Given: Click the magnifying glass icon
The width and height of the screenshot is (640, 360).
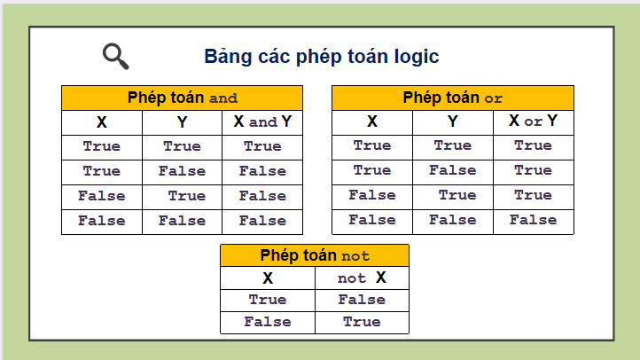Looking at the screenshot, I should coord(115,56).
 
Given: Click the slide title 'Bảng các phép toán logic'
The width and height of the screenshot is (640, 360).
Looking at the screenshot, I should coord(321,57).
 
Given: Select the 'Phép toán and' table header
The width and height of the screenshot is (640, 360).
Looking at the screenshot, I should coord(182,98).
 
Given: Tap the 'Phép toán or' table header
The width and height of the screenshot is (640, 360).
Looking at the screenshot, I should coord(452,98).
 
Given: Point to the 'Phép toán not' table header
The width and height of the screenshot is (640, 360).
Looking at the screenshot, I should coord(315,255).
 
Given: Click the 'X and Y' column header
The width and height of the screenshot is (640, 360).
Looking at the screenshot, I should coord(262,122).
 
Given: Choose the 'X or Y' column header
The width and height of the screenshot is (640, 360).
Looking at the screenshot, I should coord(533,121).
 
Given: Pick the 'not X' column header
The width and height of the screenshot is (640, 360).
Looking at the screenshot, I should coord(362,278).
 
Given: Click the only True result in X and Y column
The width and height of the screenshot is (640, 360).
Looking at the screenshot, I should coord(262,146).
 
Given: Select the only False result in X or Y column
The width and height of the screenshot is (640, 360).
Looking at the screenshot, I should coord(533,220).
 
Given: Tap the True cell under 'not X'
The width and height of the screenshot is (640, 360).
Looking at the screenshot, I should coord(362,322).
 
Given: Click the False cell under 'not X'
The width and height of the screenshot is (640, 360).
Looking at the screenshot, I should coord(362,300).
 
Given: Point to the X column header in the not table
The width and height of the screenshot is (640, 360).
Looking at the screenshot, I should coord(268,278).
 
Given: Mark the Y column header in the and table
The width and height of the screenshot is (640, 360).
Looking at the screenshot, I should coord(182,122).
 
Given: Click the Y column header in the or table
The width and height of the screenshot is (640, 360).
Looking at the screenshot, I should coord(452,121).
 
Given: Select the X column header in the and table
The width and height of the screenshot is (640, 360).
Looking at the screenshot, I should coord(102,122).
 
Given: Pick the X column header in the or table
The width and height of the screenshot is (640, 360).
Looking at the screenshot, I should coord(372,121).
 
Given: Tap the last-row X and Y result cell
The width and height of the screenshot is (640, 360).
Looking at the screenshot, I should coord(262,221).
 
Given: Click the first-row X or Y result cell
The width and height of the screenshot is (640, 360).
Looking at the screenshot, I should coord(533,145).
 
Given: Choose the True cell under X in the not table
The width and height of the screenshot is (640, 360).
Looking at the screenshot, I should coord(268,300).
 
